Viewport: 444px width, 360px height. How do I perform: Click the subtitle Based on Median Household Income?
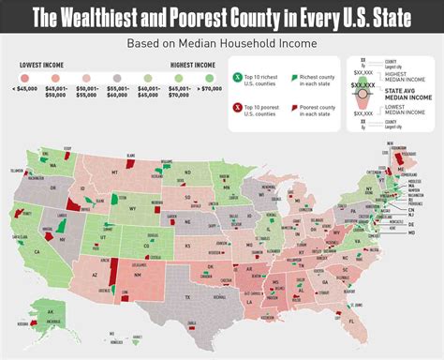[222, 43]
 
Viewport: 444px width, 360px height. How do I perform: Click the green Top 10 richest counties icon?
[239, 74]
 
